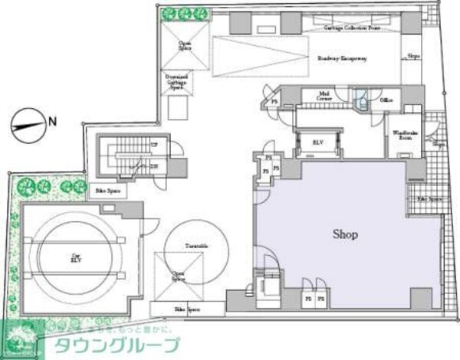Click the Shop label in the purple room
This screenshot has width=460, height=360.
click(345, 234)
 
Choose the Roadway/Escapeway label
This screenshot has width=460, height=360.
click(343, 58)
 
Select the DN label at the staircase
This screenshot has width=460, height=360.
click(153, 165)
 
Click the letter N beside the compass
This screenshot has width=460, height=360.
click(52, 120)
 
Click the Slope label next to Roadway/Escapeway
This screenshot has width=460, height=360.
click(412, 56)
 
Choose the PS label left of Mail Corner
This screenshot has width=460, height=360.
click(274, 100)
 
